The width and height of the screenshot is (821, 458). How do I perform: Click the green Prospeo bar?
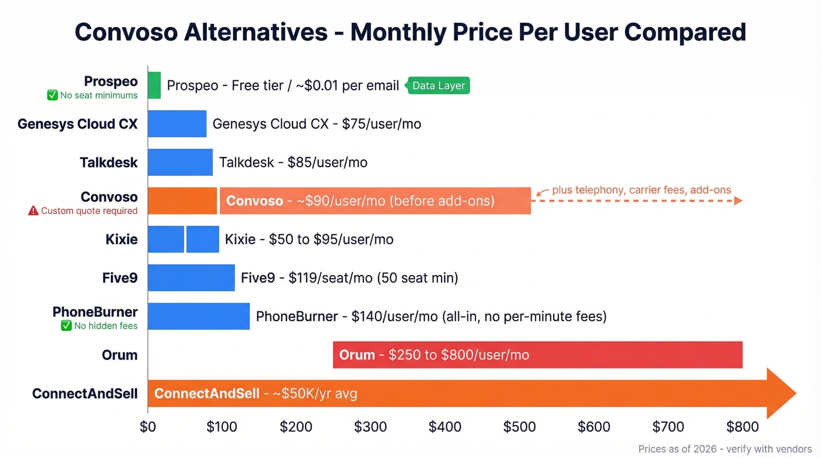pyautogui.click(x=154, y=85)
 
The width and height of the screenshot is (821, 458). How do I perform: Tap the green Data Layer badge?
pyautogui.click(x=438, y=86)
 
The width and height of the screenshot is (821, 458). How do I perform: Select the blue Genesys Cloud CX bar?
pyautogui.click(x=177, y=124)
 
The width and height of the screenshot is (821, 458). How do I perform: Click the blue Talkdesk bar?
pyautogui.click(x=180, y=162)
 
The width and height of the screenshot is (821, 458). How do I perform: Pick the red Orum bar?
pyautogui.click(x=537, y=355)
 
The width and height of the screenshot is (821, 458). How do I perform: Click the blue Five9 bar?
pyautogui.click(x=191, y=277)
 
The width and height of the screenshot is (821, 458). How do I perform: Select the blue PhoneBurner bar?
pyautogui.click(x=199, y=316)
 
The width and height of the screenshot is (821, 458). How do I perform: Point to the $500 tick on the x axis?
pyautogui.click(x=520, y=426)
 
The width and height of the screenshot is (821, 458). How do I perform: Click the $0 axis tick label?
pyautogui.click(x=148, y=426)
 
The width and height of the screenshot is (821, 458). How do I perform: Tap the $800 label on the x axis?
pyautogui.click(x=742, y=426)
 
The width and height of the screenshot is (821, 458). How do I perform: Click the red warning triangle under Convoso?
pyautogui.click(x=33, y=211)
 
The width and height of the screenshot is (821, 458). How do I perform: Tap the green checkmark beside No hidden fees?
pyautogui.click(x=66, y=326)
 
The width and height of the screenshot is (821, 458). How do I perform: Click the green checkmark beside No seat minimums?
pyautogui.click(x=52, y=95)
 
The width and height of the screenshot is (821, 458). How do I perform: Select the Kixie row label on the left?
pyautogui.click(x=121, y=239)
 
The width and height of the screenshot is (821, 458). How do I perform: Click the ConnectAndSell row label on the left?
pyautogui.click(x=85, y=393)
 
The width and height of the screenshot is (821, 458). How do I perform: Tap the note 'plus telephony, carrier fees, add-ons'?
pyautogui.click(x=642, y=190)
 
